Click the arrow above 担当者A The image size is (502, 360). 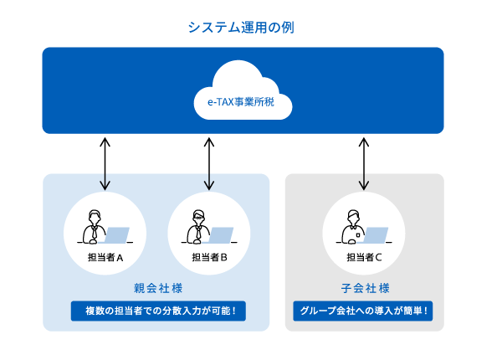coord(105,162)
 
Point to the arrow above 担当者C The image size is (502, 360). coord(363,162)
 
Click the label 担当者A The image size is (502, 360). coord(105,258)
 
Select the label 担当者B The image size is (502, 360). coord(209,258)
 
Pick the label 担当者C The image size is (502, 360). coord(364,258)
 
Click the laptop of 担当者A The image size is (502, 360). coord(116,235)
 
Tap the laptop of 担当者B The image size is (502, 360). coord(220,235)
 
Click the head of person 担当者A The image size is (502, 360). coord(94,215)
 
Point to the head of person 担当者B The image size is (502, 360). coord(198,215)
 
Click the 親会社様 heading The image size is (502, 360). coord(156,289)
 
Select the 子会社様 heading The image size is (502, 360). coord(364,289)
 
